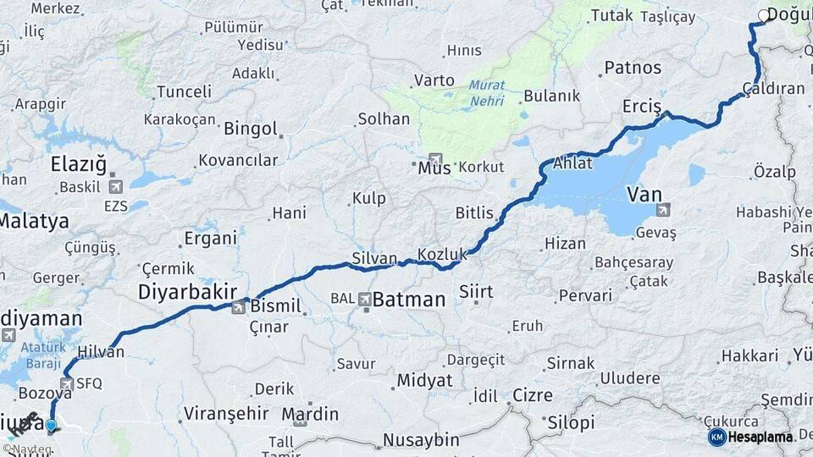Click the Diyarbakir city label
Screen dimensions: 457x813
coord(187,292)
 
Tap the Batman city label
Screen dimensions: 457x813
coord(409,299)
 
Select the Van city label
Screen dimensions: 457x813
coord(644,195)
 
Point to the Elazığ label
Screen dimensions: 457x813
coord(79,163)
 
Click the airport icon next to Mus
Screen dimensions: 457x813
coord(435,158)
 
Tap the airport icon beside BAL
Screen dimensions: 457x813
coord(364,299)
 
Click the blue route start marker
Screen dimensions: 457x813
coord(52,426)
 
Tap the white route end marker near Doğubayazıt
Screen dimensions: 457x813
coord(763,15)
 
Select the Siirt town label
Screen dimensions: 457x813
coord(475,292)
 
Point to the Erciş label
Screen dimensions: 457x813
coord(642,107)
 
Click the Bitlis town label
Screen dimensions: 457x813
coord(474,213)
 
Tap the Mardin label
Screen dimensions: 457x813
coord(310,415)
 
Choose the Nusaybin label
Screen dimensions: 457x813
coord(421,440)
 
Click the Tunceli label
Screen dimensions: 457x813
coord(184,91)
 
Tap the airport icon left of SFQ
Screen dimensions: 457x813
coord(66,383)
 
